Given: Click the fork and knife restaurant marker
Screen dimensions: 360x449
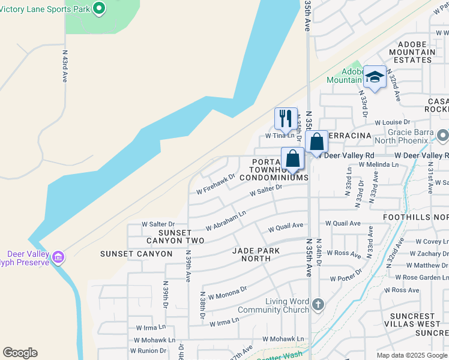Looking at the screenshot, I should (x=286, y=118).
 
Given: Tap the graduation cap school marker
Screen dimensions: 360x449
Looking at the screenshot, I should (x=375, y=77).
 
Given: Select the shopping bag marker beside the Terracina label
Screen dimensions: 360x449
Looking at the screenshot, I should (x=316, y=142).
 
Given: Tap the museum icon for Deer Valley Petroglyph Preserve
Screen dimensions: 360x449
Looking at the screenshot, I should (x=58, y=257).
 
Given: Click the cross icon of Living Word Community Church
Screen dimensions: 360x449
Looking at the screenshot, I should (x=318, y=305).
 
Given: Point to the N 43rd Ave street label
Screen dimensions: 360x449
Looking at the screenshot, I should (x=65, y=66).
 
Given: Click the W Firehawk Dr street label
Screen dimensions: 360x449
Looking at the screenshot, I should (x=215, y=185).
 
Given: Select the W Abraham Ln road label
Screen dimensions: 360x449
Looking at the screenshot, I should (x=226, y=221).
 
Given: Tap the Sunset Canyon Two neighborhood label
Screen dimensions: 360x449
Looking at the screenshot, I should (x=175, y=236).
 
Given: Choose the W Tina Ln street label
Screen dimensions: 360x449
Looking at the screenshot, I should (x=280, y=136).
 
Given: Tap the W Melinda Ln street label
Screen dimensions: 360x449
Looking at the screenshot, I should (x=378, y=164).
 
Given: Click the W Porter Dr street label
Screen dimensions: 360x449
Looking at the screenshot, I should (x=346, y=279).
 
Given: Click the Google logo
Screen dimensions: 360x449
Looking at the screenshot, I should (x=20, y=353).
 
